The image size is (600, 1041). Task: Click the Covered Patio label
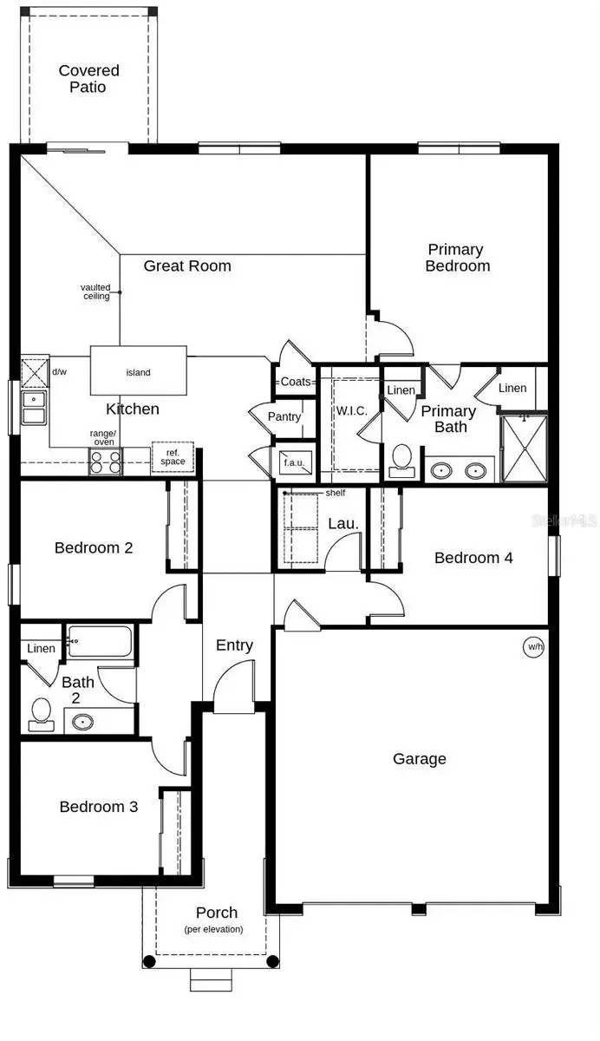point(88,79)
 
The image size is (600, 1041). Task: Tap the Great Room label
point(187,265)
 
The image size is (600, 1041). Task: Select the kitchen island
point(139,371)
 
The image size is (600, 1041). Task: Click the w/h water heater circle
point(532,646)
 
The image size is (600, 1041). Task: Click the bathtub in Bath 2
point(100,642)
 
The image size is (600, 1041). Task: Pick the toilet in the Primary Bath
point(401,460)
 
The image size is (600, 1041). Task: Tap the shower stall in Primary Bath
point(525,448)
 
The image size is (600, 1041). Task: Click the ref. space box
point(172,457)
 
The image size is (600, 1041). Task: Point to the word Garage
point(420,759)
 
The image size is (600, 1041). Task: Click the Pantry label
point(284,417)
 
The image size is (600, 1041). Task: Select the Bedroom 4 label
point(473,558)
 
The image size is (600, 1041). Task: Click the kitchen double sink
point(33,408)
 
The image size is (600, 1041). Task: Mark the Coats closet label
point(296,382)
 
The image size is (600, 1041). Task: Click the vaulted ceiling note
point(95,291)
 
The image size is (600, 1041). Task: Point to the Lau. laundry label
point(339,524)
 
